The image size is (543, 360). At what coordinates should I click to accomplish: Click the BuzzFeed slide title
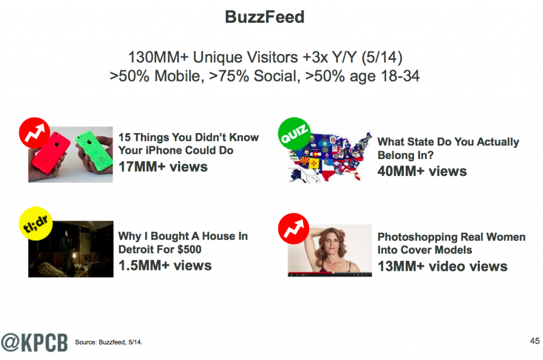click(x=265, y=17)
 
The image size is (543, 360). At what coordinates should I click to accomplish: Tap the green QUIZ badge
click(x=294, y=134)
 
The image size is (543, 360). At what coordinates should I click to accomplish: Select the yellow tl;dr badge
click(x=36, y=224)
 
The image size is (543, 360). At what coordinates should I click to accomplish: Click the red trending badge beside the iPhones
click(x=34, y=133)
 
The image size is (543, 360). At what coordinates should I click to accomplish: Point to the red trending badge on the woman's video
click(x=294, y=229)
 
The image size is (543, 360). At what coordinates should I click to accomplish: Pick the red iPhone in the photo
click(x=50, y=153)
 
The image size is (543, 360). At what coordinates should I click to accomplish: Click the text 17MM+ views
click(x=163, y=167)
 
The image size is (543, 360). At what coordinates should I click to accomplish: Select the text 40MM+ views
click(x=422, y=171)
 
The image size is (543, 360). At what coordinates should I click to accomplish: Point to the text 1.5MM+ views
click(x=165, y=266)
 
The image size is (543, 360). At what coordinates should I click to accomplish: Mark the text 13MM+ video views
click(x=443, y=267)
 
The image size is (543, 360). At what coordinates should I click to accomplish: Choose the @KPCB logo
click(x=34, y=343)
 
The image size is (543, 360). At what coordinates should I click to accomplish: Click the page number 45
click(x=535, y=341)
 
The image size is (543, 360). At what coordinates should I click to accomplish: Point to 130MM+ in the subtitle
click(x=158, y=57)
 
